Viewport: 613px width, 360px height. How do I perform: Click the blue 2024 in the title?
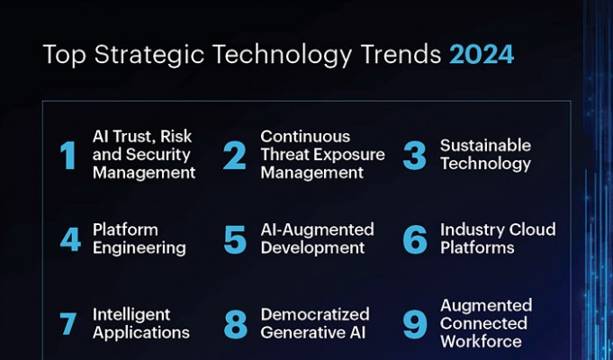point(482,54)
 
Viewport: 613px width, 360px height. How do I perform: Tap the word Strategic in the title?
point(149,56)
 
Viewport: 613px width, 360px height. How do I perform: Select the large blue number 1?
point(68,156)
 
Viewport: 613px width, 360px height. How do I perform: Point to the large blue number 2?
point(235,156)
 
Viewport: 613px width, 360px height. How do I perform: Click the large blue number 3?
point(414,156)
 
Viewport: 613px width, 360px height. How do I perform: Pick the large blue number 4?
point(70,239)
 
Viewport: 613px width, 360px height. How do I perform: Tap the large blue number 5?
point(235,239)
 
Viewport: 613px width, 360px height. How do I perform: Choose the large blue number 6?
point(415,239)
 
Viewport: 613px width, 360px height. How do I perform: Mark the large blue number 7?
point(68,324)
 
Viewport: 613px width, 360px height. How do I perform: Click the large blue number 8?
point(235,324)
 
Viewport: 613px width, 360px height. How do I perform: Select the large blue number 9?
point(414,324)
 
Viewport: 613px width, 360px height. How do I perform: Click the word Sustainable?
point(485,146)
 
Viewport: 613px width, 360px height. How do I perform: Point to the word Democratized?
point(315,314)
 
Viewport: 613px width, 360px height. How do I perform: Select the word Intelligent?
point(131,315)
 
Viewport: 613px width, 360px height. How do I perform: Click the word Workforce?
point(481,341)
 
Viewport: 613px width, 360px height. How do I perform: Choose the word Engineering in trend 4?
point(140,248)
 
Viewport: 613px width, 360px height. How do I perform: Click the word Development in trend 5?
point(312,248)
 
